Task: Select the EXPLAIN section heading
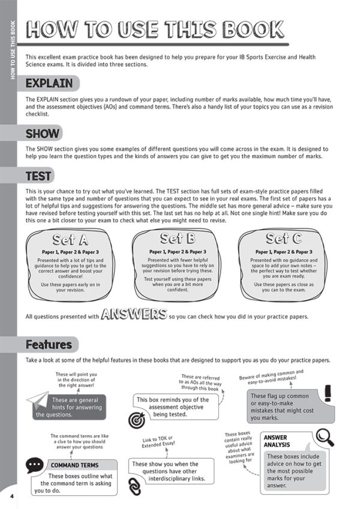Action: pos(49,83)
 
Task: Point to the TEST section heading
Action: pos(38,176)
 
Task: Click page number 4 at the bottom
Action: pos(11,496)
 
